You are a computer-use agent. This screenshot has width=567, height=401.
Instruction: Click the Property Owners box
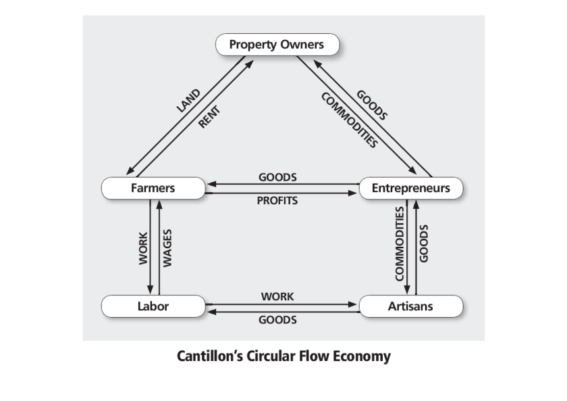coord(277,45)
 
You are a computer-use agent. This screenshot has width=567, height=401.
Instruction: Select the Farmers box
coord(153,188)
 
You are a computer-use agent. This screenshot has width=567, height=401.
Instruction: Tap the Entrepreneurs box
coord(410,188)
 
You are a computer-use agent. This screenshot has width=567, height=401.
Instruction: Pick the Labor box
coord(153,306)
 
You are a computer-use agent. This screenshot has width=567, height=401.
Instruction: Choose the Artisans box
coord(410,306)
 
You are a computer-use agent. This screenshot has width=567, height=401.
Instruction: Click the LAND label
coord(188,100)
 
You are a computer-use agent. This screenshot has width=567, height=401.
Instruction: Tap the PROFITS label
coord(277,201)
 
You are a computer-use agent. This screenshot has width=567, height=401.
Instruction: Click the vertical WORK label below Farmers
coord(142,247)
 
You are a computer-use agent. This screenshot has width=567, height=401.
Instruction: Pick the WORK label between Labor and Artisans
coord(277,297)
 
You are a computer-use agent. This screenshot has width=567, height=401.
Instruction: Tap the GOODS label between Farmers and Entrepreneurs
coord(277,177)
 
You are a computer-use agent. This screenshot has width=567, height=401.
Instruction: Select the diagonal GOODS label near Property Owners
coord(373,105)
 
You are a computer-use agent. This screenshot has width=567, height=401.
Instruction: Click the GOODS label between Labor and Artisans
coord(277,320)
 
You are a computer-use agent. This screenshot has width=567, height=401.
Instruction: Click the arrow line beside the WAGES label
coord(159,247)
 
